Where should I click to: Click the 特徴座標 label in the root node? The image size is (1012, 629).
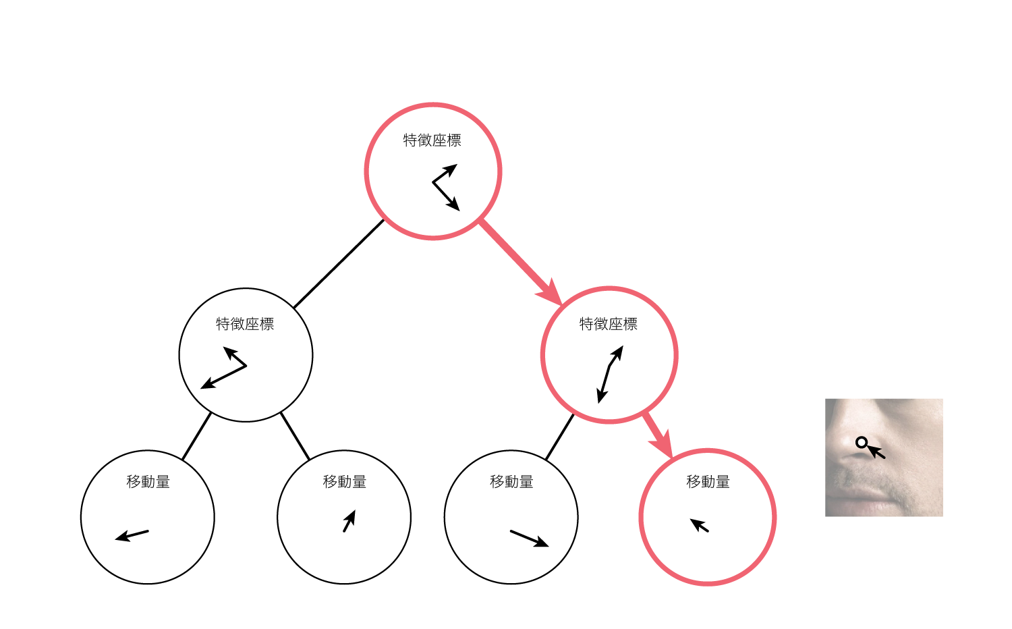pos(432,140)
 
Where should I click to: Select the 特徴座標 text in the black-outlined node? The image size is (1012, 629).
pos(245,324)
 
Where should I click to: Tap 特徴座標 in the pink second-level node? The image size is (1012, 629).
pos(609,324)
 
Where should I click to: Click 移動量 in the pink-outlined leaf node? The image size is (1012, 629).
pos(708,482)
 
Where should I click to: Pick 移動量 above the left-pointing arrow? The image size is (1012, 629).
pos(148,482)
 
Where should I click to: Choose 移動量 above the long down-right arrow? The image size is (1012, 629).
pos(511,482)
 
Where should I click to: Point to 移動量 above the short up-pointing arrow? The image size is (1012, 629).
pos(344,482)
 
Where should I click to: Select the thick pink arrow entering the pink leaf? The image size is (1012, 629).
pos(658,436)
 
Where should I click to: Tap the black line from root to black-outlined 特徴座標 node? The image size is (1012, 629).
pos(339,264)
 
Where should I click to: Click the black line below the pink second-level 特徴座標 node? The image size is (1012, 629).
pos(559,437)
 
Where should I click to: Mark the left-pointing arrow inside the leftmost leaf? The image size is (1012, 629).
pos(132,536)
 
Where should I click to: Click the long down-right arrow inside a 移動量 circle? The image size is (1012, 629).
pos(529,539)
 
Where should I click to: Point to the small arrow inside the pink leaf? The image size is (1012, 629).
pos(700,525)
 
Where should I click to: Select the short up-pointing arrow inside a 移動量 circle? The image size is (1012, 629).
pos(349,521)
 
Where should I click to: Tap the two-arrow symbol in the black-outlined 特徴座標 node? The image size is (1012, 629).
pos(225,368)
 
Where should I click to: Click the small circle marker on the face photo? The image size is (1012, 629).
pos(862,443)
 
